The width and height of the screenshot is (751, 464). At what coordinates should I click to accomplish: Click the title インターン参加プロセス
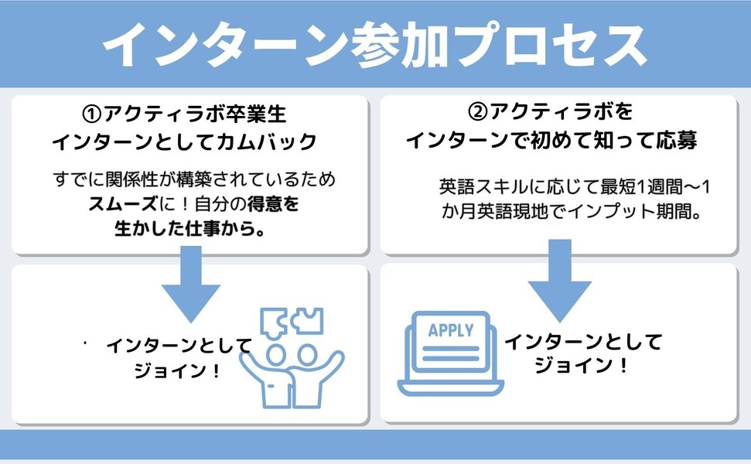[x=375, y=44]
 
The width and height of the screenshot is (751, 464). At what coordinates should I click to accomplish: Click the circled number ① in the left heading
[x=92, y=114]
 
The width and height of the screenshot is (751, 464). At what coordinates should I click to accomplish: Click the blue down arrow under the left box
[x=189, y=287]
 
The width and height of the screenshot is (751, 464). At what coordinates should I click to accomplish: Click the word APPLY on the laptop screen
[x=451, y=331]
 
